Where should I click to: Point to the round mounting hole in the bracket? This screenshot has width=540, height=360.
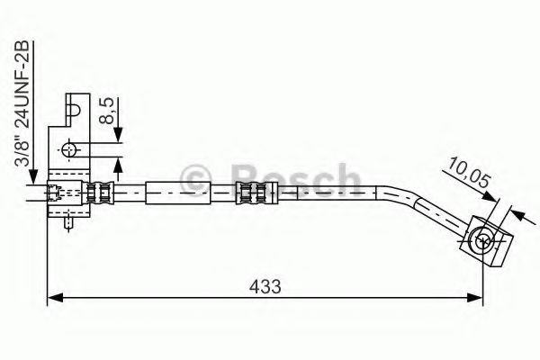tap(71, 149)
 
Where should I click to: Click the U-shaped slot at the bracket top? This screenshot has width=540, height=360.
tap(76, 111)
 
